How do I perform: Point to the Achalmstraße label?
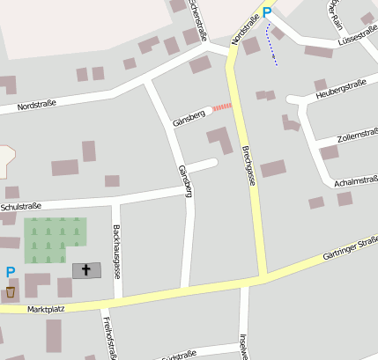pos(355,182)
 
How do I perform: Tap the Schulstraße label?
pos(21,207)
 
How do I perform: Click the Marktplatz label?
pos(47,310)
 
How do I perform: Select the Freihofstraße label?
pos(108,338)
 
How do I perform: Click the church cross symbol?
pos(86,269)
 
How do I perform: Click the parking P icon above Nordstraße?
pos(266,12)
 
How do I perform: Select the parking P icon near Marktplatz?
pos(10,273)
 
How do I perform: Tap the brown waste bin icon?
pos(10,290)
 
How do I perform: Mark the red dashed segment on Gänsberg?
pos(221,107)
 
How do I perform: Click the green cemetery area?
pos(55,239)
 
